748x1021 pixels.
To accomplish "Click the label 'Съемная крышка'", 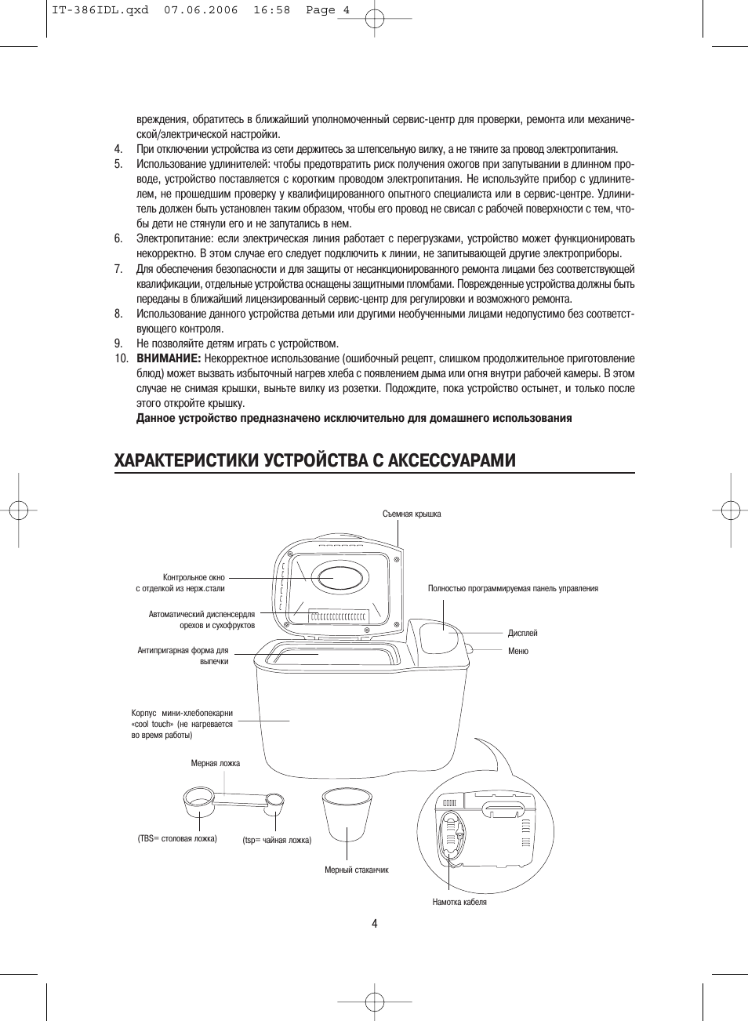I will tap(412, 514).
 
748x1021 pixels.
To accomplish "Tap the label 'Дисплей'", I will tap(522, 633).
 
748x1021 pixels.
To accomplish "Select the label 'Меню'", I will tap(517, 651).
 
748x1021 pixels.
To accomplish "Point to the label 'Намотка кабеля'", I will tap(459, 902).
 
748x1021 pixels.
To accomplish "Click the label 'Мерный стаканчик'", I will tap(357, 870).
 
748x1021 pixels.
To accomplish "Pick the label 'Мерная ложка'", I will tap(216, 763).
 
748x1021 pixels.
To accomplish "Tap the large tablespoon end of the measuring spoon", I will tap(197, 802).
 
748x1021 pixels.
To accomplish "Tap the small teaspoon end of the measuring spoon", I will tap(276, 800).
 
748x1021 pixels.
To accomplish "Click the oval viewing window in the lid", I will tap(339, 577).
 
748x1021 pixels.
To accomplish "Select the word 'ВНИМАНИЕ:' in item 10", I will tap(169, 358).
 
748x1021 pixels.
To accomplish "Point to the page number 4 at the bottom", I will tap(375, 923).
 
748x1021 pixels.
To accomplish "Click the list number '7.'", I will tap(118, 269).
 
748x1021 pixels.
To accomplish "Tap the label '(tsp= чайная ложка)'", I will tap(277, 840).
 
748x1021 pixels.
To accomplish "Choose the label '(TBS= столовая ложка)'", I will tap(177, 838).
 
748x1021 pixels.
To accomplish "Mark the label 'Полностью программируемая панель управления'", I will tap(513, 588).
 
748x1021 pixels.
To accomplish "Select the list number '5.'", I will tap(118, 164).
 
